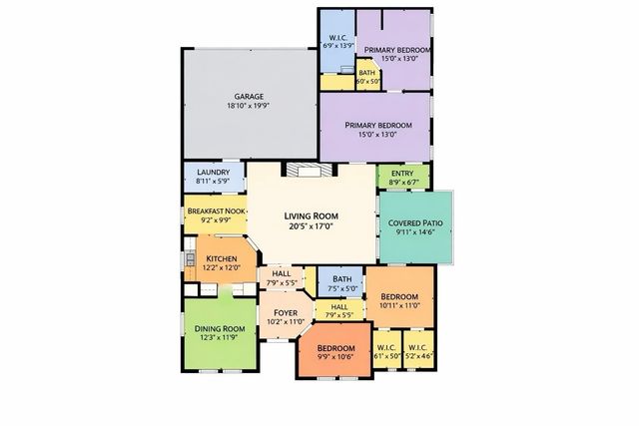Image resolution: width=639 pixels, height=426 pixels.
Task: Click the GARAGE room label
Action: coord(249,97)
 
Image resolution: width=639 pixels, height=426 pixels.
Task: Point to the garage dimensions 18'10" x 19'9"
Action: coord(249,107)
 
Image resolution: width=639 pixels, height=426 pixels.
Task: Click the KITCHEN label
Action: coord(221,258)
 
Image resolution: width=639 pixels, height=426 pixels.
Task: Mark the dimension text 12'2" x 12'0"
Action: coord(221,267)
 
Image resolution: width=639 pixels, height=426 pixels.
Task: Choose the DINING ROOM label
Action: coord(220,329)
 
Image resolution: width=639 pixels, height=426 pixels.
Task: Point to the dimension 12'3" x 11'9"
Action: coord(220,338)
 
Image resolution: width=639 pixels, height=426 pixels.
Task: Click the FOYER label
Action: coord(287,312)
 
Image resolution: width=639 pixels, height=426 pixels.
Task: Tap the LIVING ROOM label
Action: coord(312,215)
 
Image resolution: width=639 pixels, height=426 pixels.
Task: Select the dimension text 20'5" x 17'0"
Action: coord(312,226)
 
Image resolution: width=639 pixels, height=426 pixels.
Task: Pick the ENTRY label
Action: coord(402,174)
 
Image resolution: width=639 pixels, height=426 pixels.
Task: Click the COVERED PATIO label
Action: coord(415,222)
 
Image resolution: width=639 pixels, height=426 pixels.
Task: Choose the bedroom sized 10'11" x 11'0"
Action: coord(398,298)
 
